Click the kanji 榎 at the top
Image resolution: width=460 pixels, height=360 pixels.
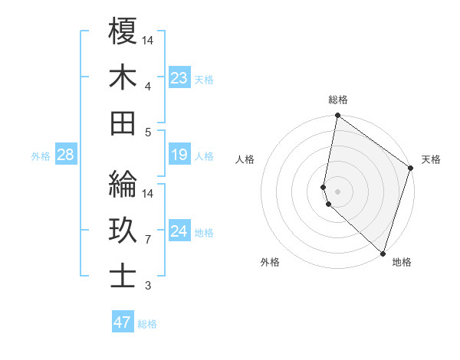click(123, 31)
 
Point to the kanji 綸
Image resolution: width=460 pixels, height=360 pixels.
click(123, 185)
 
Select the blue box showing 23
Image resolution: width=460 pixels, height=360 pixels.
click(179, 77)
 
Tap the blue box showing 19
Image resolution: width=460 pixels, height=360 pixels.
click(179, 155)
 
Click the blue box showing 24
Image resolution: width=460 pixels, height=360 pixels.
click(179, 231)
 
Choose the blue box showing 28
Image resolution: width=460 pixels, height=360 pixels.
click(66, 155)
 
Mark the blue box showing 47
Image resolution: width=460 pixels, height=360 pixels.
click(123, 322)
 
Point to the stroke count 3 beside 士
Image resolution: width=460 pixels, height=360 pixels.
click(147, 286)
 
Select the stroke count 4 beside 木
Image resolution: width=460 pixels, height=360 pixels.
click(147, 86)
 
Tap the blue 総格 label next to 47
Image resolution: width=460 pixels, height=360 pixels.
click(148, 324)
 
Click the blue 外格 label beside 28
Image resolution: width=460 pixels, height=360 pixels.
click(41, 156)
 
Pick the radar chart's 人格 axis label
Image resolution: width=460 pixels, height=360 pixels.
click(245, 159)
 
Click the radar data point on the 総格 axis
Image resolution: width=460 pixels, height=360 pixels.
click(337, 116)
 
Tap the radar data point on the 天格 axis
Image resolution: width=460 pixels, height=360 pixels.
click(411, 169)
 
